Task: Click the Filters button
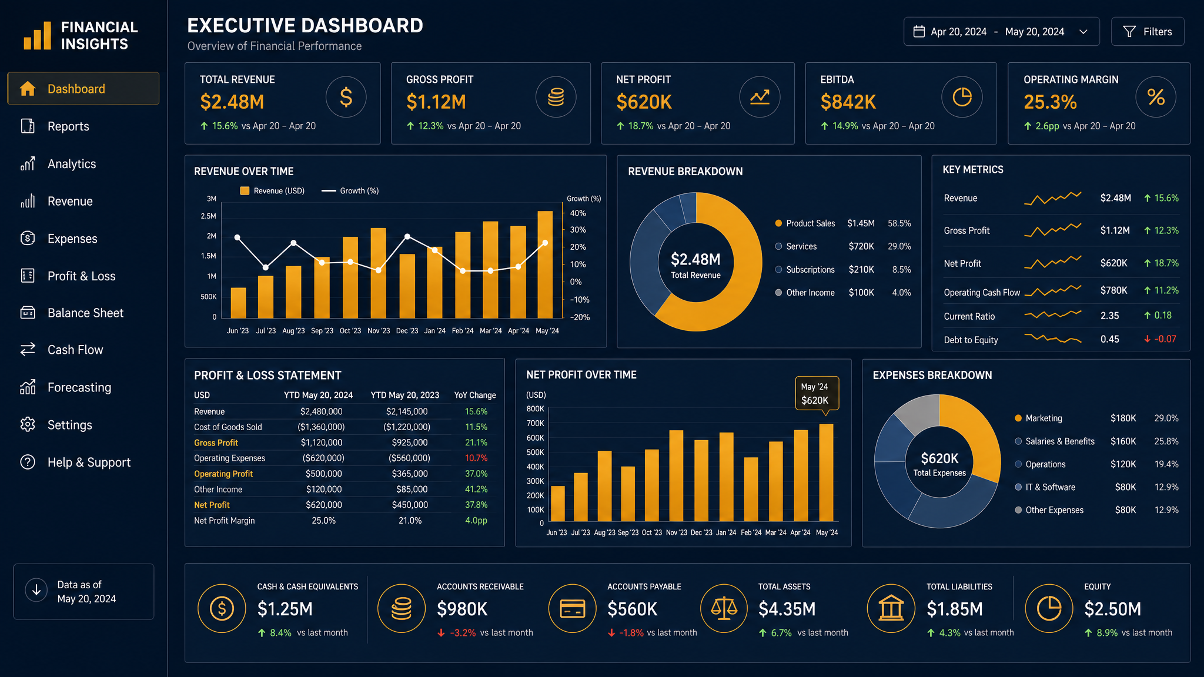click(x=1148, y=32)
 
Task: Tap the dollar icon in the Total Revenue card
click(x=346, y=97)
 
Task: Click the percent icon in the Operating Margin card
click(x=1156, y=97)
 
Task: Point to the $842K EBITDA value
click(x=848, y=102)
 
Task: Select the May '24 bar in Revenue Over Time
click(x=545, y=264)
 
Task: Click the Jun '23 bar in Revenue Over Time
click(x=238, y=303)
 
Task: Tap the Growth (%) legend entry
click(x=350, y=191)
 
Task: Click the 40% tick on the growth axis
click(x=578, y=213)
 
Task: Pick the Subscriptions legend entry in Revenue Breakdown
click(x=805, y=270)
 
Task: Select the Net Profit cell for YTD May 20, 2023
click(x=410, y=505)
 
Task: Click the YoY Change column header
click(x=475, y=396)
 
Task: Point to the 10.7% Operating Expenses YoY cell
click(x=476, y=458)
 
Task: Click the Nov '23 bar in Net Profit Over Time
click(x=676, y=476)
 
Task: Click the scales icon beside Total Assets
click(x=724, y=608)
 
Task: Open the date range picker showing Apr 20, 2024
click(x=1001, y=32)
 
